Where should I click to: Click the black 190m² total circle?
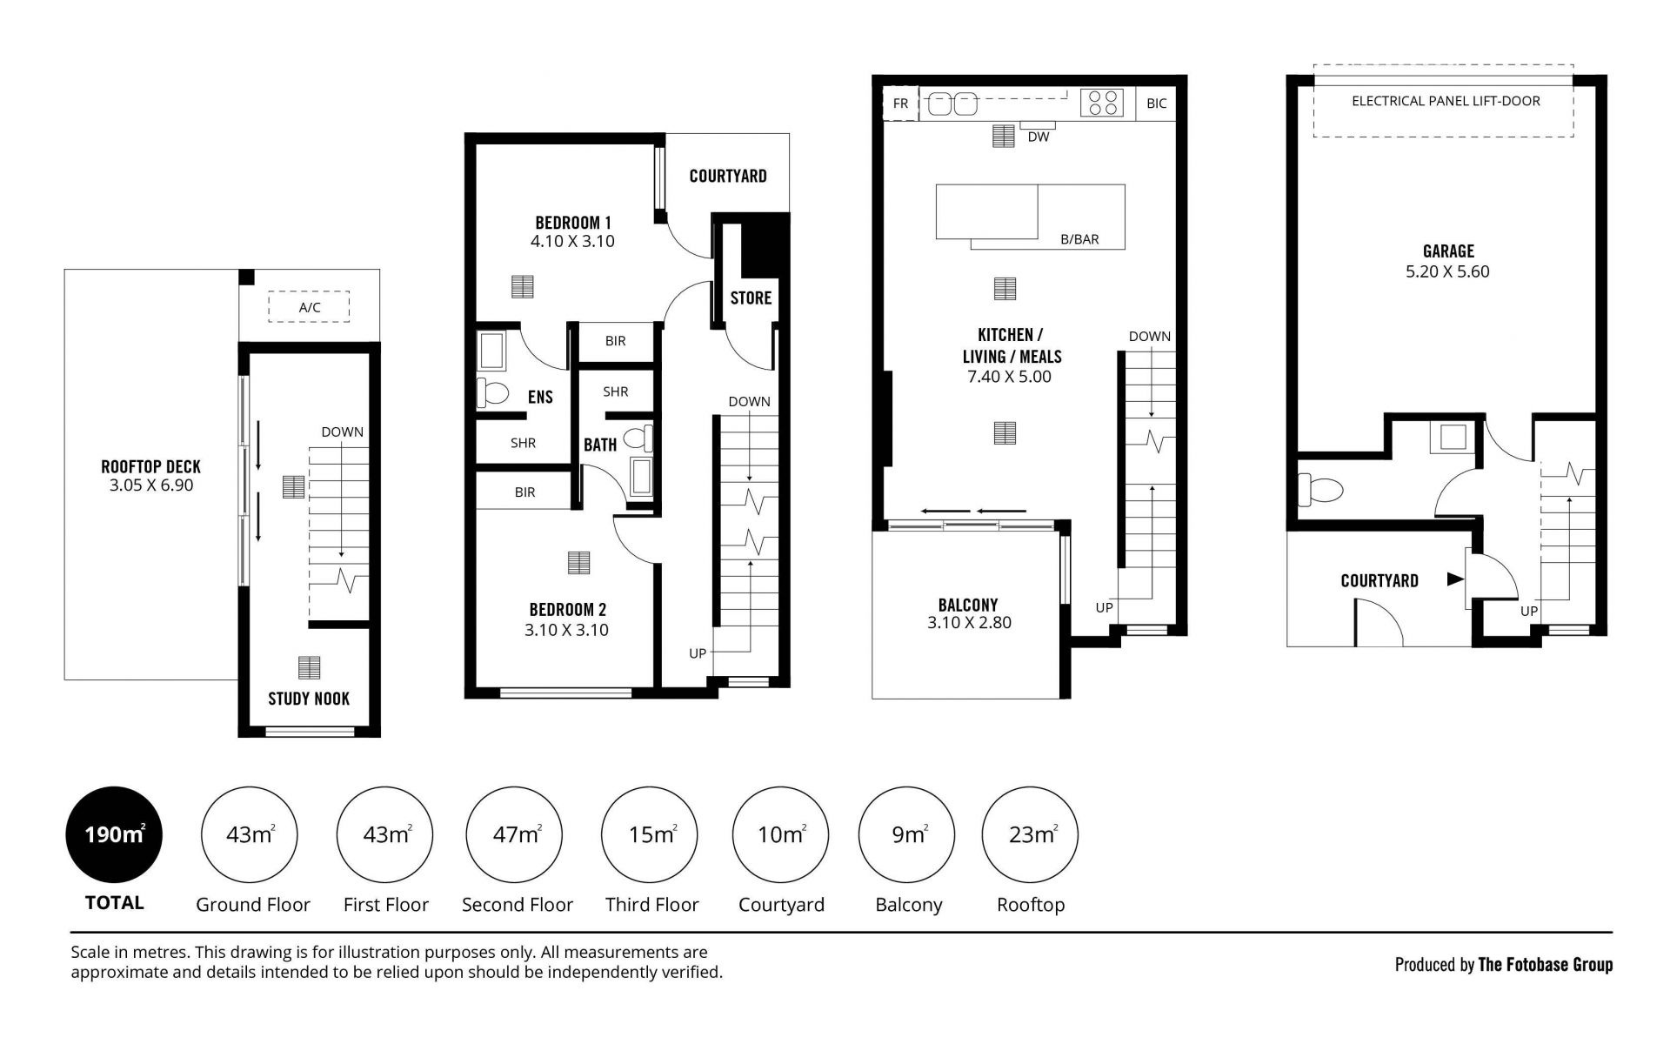[x=114, y=835]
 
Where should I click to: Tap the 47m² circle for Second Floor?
[x=515, y=835]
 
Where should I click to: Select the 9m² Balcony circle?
[x=906, y=835]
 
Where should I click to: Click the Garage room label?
[x=1448, y=251]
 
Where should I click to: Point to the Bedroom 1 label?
[x=573, y=223]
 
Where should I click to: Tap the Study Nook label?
[x=309, y=699]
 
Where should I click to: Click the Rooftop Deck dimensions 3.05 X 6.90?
[x=151, y=485]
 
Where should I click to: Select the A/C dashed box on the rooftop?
[x=309, y=307]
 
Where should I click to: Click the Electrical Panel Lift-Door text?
[x=1446, y=101]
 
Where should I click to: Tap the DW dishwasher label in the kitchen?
[x=1039, y=137]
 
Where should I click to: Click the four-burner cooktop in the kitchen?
[x=1102, y=104]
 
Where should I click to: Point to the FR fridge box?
[x=900, y=104]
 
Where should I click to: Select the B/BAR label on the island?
[x=1079, y=239]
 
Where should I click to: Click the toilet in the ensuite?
[x=492, y=392]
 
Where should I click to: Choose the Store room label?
[x=751, y=298]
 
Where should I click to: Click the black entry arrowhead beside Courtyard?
[x=1454, y=579]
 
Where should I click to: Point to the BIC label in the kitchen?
[x=1156, y=104]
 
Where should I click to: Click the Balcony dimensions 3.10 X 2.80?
[x=969, y=623]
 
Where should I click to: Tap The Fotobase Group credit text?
[x=1546, y=964]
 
